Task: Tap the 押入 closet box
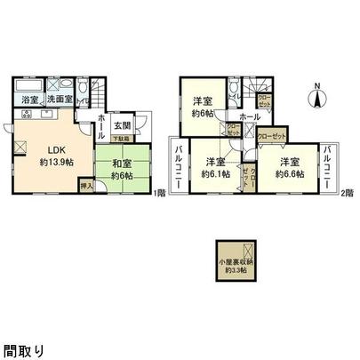(x=85, y=188)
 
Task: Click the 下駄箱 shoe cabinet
(x=119, y=140)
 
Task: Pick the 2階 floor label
(x=348, y=193)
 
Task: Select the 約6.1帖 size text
(x=214, y=174)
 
